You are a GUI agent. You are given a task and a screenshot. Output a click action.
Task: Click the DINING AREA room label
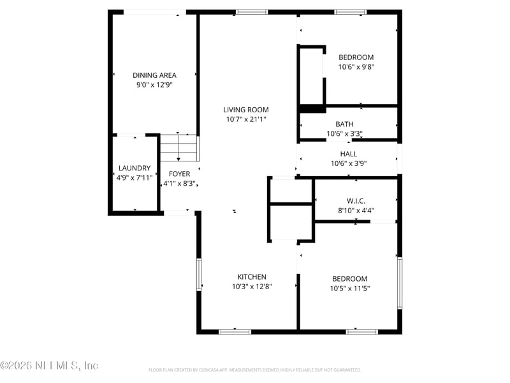tap(154, 75)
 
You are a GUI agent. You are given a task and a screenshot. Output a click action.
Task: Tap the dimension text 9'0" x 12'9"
tap(154, 84)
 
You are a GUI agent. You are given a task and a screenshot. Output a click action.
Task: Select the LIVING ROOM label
tap(245, 109)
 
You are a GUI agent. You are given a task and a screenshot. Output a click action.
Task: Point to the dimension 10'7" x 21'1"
tap(245, 119)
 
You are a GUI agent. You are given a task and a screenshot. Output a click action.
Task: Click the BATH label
tap(344, 124)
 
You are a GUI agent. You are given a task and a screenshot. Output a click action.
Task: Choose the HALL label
tap(348, 154)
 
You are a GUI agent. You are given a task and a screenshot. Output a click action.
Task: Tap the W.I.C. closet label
tap(356, 200)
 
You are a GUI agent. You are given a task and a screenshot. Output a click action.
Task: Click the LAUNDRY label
tap(134, 169)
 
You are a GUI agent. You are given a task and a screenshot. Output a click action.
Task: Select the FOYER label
tap(179, 174)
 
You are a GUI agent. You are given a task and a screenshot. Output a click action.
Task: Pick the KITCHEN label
tap(252, 276)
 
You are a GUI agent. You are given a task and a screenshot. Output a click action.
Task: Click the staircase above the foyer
tap(179, 149)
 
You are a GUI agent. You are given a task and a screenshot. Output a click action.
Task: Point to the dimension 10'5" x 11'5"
tap(349, 289)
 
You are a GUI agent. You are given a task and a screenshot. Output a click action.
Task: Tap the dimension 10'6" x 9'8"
tap(356, 66)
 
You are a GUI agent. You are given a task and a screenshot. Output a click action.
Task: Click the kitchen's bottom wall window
tap(235, 331)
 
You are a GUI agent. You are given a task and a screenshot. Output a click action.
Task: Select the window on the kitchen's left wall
tap(199, 274)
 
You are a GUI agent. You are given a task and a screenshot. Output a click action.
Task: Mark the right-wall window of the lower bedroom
tap(400, 283)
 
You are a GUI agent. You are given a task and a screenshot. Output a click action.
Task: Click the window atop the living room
tap(251, 11)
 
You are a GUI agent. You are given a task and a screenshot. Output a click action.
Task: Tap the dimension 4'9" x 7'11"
tap(134, 178)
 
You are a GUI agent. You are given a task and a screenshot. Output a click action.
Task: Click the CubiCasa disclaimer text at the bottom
tap(254, 370)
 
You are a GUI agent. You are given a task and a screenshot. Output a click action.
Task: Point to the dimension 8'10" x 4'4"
tap(356, 210)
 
